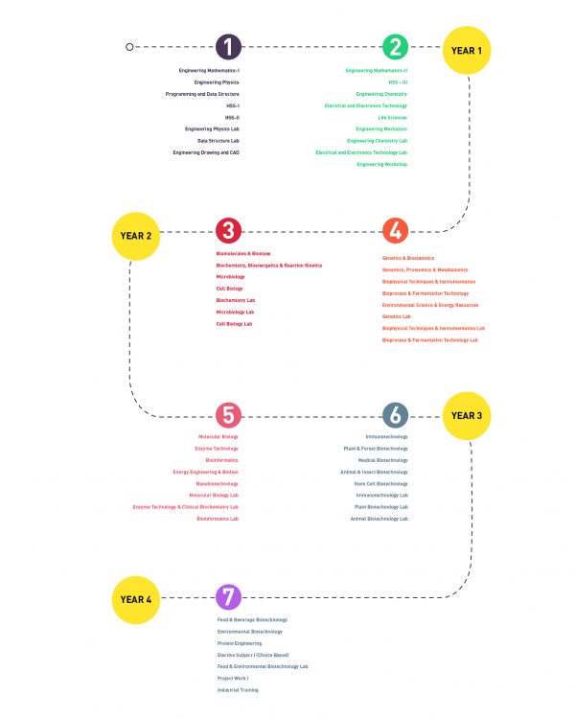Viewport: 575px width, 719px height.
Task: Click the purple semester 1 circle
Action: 228,46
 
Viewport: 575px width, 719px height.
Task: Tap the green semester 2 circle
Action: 395,46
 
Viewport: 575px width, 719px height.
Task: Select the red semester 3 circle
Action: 228,231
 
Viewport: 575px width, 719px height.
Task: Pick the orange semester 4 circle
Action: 395,231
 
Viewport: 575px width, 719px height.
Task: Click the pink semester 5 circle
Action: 228,415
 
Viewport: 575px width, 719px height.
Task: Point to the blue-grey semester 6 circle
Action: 395,415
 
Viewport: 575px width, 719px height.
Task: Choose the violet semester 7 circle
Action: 228,598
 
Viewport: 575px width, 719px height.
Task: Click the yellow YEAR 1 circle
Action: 467,50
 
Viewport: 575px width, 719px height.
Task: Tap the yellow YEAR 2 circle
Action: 136,235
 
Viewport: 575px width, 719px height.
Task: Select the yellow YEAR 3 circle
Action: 467,416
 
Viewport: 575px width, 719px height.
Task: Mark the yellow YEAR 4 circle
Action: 136,599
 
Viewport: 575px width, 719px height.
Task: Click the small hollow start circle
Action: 129,46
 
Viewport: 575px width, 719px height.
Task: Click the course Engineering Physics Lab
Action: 213,128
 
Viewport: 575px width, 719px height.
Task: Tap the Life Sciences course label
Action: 392,117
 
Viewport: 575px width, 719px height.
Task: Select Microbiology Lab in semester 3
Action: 235,312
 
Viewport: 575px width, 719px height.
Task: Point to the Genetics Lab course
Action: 396,316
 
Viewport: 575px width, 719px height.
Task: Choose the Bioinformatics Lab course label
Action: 218,519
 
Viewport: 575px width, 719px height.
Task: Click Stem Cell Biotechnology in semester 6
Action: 380,483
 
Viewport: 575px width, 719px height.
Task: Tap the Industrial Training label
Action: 238,690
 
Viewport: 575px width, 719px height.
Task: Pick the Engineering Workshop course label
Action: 381,164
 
